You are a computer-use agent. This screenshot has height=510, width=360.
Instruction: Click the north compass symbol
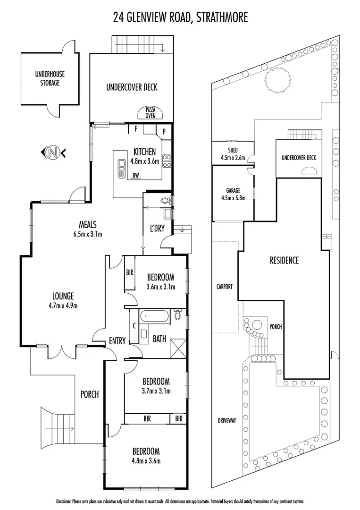coord(53,152)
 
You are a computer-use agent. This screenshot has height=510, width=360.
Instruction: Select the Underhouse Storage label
coord(50,78)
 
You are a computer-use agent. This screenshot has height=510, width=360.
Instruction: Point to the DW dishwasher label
coord(136,175)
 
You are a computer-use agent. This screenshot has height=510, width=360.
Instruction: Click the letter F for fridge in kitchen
coord(136,128)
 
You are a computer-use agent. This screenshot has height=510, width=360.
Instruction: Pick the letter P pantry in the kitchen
coord(164,132)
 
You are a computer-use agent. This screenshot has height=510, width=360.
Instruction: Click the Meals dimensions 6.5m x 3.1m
coord(88,234)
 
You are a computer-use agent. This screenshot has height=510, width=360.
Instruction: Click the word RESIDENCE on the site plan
coord(284,260)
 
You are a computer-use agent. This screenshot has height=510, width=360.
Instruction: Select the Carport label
coord(225,286)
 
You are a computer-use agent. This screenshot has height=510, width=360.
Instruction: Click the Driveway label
coord(226,420)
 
